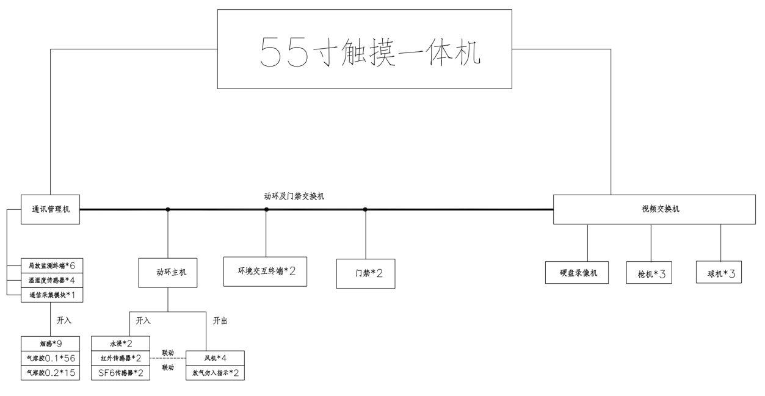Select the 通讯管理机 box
50,209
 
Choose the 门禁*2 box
366,273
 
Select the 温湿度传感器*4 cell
51,280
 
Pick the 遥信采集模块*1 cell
51,295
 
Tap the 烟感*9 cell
51,343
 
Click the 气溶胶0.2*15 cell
51,372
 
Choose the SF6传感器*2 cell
120,372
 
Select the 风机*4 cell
215,358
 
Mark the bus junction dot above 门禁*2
365,209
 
